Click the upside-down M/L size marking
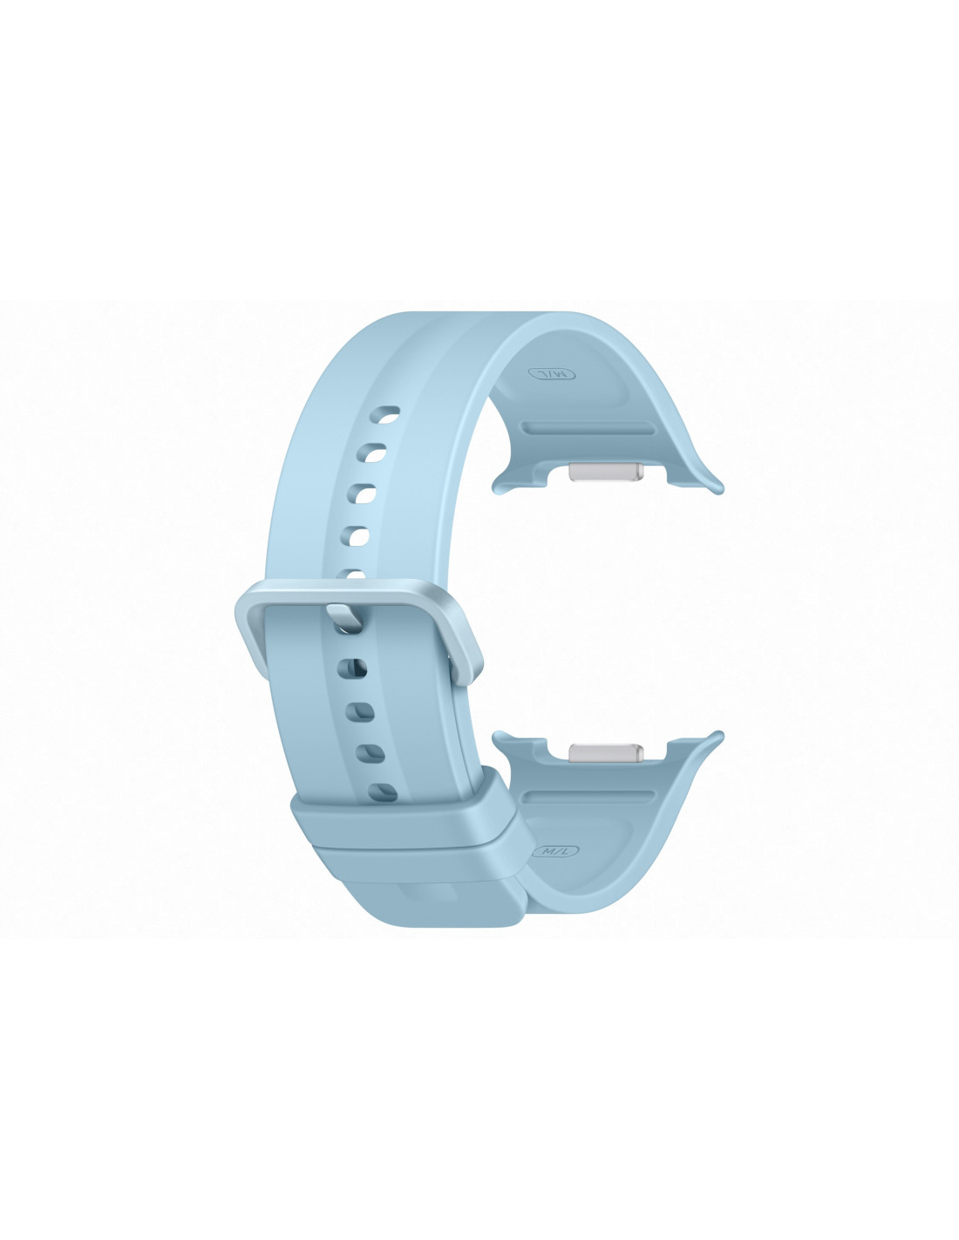(552, 374)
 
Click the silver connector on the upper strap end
(607, 472)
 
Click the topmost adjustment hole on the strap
(386, 414)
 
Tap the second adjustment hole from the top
(374, 453)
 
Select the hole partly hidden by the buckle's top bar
(356, 574)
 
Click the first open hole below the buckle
(353, 668)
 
